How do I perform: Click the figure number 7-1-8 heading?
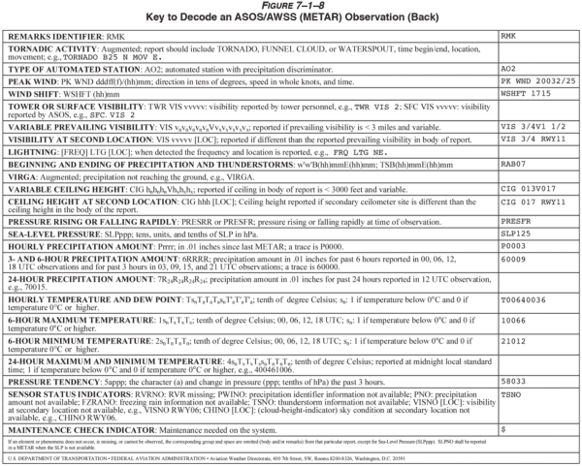click(290, 6)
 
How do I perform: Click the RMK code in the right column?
click(508, 35)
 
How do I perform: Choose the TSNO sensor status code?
click(511, 395)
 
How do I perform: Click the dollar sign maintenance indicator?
click(502, 427)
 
